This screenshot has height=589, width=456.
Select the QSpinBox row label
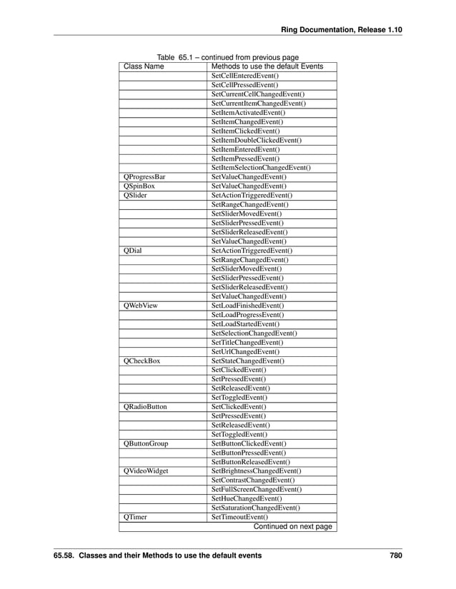(139, 186)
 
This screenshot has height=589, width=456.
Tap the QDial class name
(132, 251)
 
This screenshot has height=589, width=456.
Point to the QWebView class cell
(140, 305)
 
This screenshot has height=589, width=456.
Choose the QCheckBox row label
(142, 361)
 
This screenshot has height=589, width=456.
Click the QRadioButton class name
(145, 407)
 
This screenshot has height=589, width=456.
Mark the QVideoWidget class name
(146, 471)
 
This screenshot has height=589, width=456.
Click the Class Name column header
(144, 66)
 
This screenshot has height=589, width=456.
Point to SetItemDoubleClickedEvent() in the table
(257, 141)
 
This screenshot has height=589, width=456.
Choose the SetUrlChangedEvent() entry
(245, 352)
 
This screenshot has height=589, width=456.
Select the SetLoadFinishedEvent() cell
(248, 305)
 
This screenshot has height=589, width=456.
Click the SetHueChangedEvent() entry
(246, 499)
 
